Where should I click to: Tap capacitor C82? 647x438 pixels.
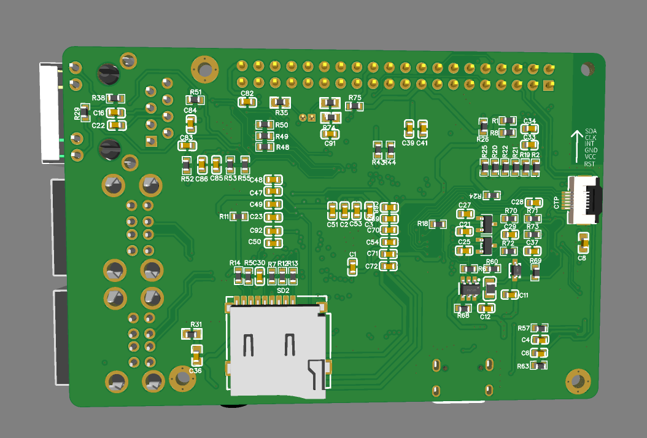247,102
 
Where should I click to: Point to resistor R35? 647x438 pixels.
281,103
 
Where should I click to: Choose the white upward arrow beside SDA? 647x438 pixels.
576,146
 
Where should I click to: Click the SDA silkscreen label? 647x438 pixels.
591,131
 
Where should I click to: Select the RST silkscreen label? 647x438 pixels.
589,164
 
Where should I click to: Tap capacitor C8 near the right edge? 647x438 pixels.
583,243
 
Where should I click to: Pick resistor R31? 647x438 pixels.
192,334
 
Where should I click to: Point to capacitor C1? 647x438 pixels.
352,267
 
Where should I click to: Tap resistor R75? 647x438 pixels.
354,106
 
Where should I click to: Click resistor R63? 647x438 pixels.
539,366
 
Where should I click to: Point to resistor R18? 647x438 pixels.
438,224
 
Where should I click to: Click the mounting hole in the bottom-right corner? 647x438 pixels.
577,381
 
